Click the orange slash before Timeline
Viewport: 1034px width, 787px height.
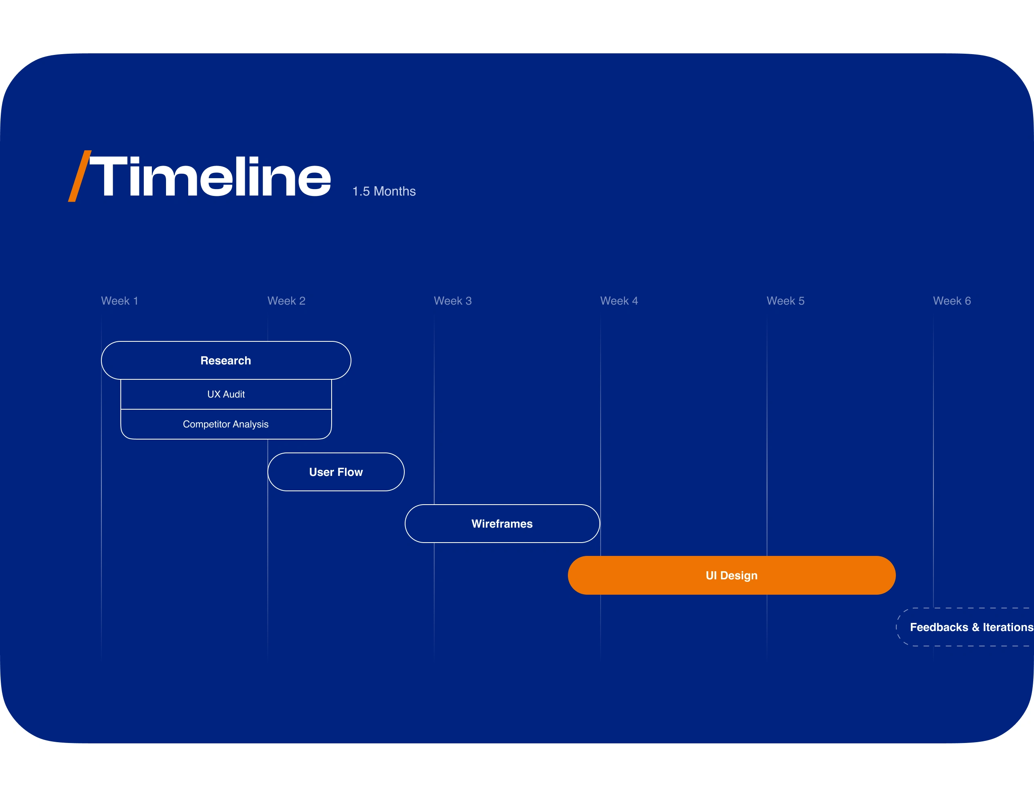tap(80, 176)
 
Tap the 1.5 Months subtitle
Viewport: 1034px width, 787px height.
tap(384, 191)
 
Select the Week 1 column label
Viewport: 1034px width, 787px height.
tap(120, 301)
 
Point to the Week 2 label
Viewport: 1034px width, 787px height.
tap(286, 301)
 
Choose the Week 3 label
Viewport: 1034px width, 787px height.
tap(452, 301)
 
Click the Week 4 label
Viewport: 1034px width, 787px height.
tap(619, 301)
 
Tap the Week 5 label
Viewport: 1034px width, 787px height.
tap(785, 301)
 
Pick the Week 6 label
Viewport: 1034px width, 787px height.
tap(952, 301)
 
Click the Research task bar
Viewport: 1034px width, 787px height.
tap(226, 360)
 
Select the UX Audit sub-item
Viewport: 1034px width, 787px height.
tap(226, 394)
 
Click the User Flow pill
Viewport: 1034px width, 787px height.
tap(336, 472)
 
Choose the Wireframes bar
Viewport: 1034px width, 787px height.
tap(502, 523)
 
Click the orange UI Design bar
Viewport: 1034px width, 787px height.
tap(731, 575)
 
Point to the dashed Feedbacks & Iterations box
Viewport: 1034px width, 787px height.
tap(965, 627)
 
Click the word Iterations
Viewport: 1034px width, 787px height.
tap(1008, 627)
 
